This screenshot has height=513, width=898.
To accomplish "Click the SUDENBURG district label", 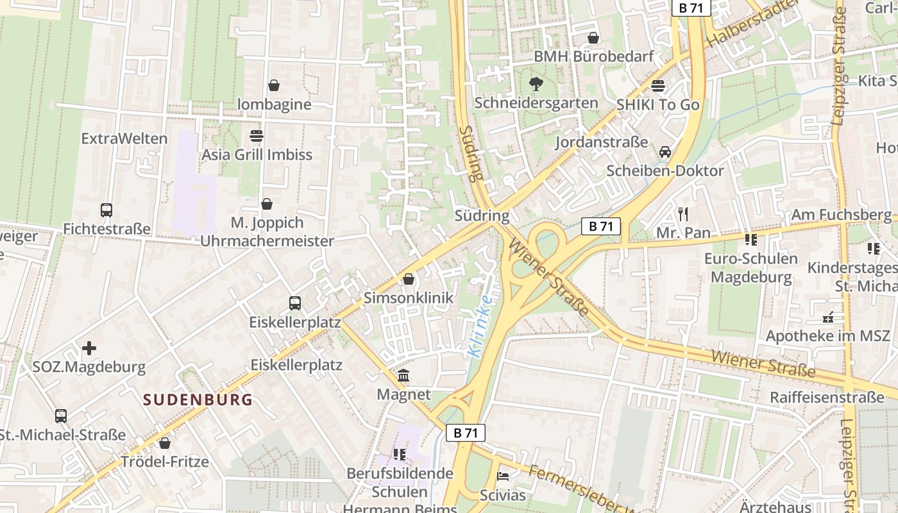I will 198,400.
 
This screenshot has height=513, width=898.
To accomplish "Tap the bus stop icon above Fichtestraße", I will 106,210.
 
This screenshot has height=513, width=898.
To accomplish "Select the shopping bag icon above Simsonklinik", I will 408,279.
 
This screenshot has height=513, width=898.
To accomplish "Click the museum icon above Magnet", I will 403,375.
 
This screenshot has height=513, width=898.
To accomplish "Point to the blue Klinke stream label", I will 481,326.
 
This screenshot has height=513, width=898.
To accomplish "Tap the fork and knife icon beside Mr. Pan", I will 683,214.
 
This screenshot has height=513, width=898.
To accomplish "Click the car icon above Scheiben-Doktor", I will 665,152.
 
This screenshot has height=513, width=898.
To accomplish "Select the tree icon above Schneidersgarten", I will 536,83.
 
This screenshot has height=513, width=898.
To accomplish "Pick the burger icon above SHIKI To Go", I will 657,85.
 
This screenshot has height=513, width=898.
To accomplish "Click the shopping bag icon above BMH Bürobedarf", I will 593,38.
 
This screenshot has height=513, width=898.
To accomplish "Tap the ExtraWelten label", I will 124,139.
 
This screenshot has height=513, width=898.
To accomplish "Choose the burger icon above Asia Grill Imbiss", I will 257,135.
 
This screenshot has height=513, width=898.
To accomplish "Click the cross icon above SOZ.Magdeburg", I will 89,348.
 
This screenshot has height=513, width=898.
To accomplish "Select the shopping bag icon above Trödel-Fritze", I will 165,443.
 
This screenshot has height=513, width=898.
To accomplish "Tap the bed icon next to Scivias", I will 504,476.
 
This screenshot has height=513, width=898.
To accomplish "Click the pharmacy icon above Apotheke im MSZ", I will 828,317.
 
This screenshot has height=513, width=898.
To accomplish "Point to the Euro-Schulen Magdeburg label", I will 751,268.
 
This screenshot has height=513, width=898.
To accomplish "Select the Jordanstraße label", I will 602,142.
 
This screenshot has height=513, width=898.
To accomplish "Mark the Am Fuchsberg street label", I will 841,215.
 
